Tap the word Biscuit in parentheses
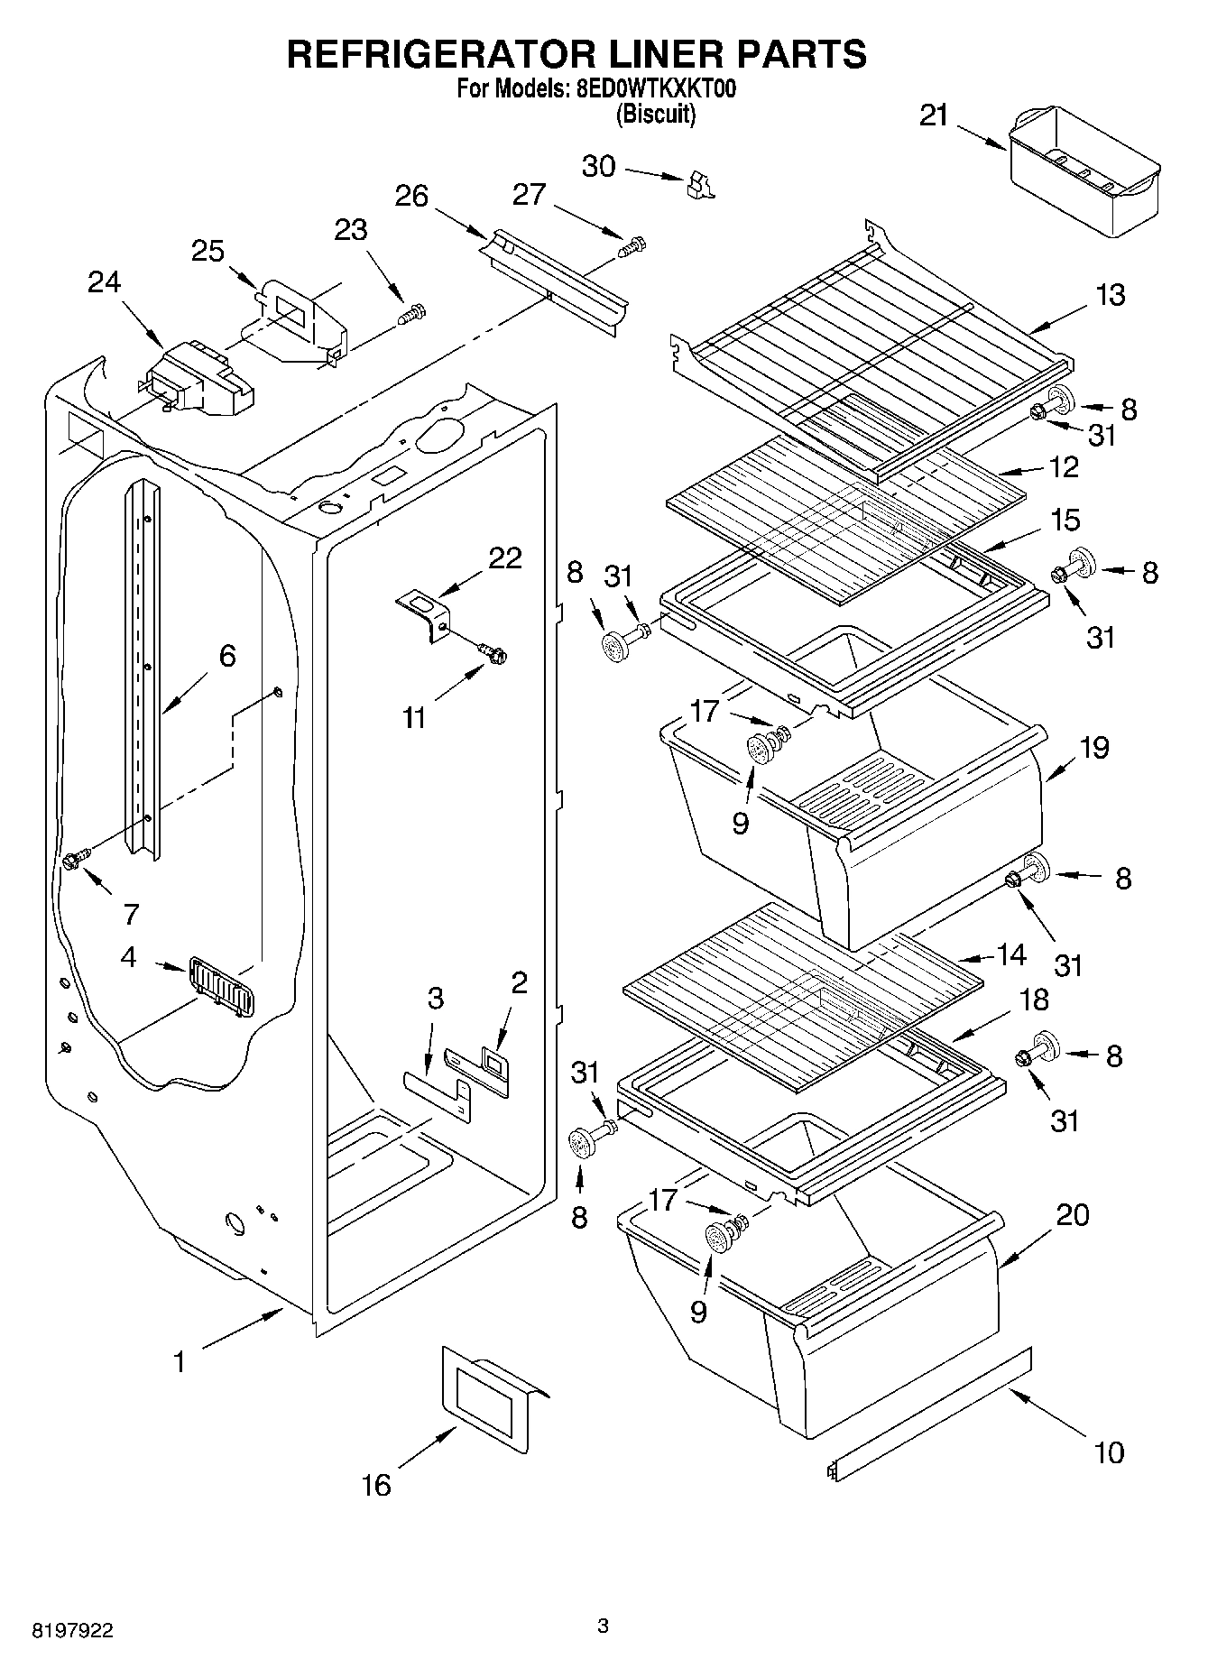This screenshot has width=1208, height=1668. point(656,115)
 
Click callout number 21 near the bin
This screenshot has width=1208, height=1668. point(934,116)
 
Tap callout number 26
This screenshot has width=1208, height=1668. point(411,196)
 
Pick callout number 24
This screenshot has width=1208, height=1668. point(104,282)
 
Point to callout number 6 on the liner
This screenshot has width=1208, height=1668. point(226,656)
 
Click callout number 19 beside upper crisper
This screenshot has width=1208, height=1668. point(1094,748)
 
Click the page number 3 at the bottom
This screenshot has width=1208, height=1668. point(603,1627)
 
